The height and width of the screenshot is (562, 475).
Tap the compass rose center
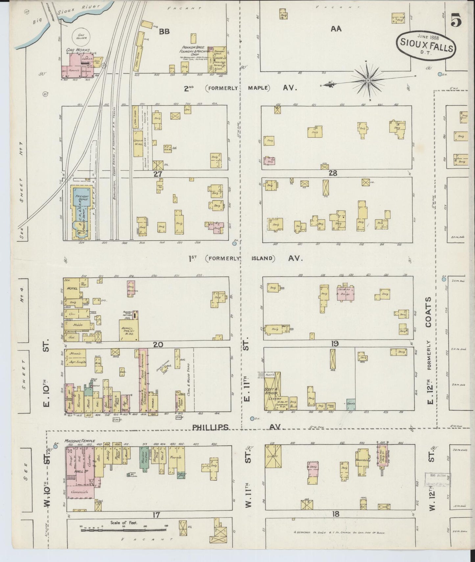point(368,80)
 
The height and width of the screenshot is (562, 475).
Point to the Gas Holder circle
point(81,36)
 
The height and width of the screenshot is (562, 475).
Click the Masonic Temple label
point(80,441)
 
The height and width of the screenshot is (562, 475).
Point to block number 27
point(158,174)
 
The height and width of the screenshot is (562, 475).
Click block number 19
point(335,344)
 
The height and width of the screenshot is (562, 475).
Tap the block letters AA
point(336,29)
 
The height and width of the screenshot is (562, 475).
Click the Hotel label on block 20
point(73,288)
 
